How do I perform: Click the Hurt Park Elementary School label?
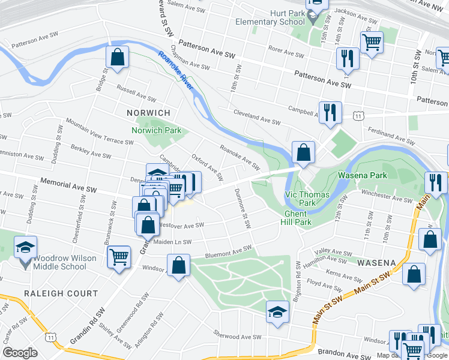point(270,17)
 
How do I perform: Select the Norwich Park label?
point(156,130)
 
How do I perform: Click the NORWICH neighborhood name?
point(149,113)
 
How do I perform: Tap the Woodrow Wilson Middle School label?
point(60,262)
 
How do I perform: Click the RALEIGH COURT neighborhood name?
point(61,293)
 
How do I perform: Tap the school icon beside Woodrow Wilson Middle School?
point(26,248)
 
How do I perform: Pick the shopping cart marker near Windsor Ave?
point(119,257)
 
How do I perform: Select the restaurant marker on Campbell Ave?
point(330,112)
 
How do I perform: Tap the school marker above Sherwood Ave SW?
point(277,312)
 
